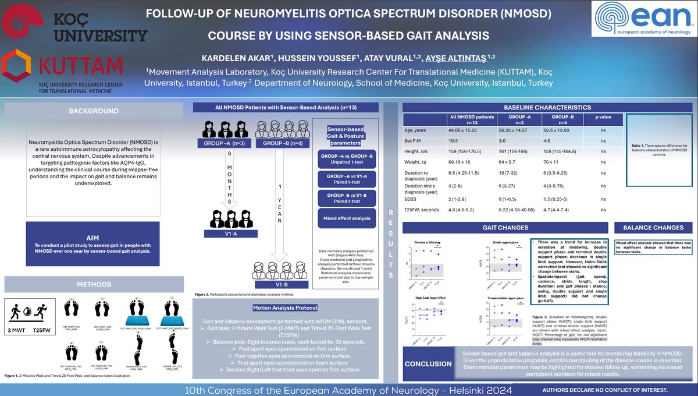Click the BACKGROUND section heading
coord(94,111)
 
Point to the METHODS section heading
coord(94,285)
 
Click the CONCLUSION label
coord(429,364)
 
